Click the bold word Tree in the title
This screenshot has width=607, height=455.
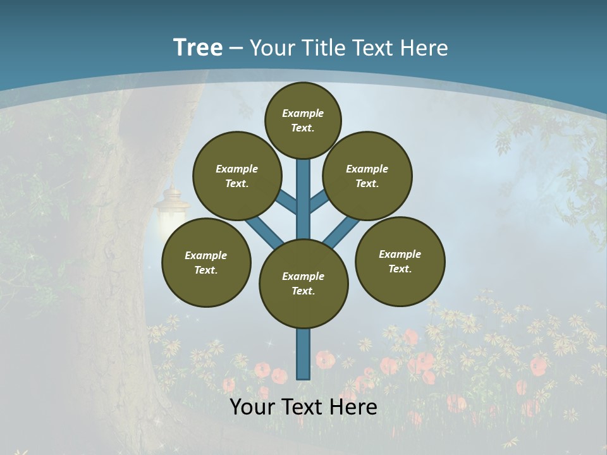(198, 47)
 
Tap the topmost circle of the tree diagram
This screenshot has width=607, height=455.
(303, 120)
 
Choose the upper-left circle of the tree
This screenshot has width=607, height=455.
(237, 176)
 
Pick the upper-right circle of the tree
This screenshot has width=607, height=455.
(367, 176)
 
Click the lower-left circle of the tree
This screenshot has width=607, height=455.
(206, 262)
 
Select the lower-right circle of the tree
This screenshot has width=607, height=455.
(400, 261)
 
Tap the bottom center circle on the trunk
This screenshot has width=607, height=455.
(303, 284)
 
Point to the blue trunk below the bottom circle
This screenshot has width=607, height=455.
(303, 354)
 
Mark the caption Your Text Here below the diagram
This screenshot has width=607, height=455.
(303, 407)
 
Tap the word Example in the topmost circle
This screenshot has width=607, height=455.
(303, 113)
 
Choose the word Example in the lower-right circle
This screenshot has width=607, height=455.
(400, 254)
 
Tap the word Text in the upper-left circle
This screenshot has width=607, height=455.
(236, 183)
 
